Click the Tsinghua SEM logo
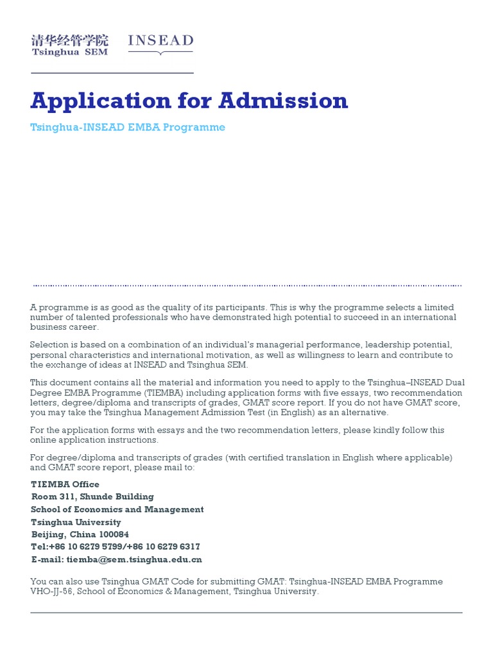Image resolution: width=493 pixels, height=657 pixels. [x=70, y=45]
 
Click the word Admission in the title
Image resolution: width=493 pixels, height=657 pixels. [x=283, y=101]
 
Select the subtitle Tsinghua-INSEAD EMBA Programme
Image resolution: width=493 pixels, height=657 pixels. [x=128, y=127]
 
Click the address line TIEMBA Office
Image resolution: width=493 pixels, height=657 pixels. [x=65, y=484]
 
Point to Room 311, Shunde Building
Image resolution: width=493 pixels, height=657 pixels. [x=92, y=497]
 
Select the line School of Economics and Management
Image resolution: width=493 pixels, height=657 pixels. [x=117, y=509]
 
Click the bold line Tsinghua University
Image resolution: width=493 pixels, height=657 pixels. [x=76, y=522]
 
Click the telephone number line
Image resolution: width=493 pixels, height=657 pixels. [x=116, y=547]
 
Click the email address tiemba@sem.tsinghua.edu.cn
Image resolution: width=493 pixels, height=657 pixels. [x=134, y=559]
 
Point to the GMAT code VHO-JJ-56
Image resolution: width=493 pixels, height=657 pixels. [x=53, y=592]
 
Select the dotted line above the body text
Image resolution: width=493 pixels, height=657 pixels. [x=246, y=285]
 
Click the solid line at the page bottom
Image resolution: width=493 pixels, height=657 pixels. [x=246, y=613]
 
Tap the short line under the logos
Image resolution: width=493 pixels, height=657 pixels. [x=112, y=73]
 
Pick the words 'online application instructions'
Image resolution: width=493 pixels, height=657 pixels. [x=94, y=439]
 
